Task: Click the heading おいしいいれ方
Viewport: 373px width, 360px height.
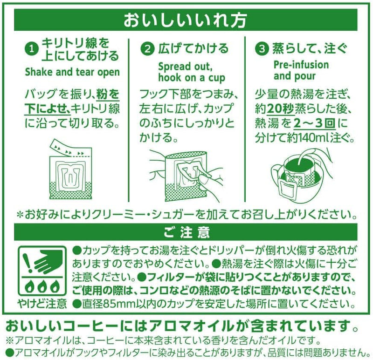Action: [x=185, y=20]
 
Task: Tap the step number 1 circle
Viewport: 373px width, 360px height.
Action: [x=32, y=49]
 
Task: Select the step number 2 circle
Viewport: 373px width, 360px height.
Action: [x=147, y=49]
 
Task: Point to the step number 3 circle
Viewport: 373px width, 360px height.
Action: [x=262, y=49]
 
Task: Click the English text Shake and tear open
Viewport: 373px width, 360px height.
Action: [x=72, y=72]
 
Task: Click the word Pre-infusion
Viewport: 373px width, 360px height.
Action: [x=301, y=65]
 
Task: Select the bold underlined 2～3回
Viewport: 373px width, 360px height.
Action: [x=314, y=123]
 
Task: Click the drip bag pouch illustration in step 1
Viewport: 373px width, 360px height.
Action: [x=70, y=169]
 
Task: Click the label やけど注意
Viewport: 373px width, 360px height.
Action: [x=42, y=303]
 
